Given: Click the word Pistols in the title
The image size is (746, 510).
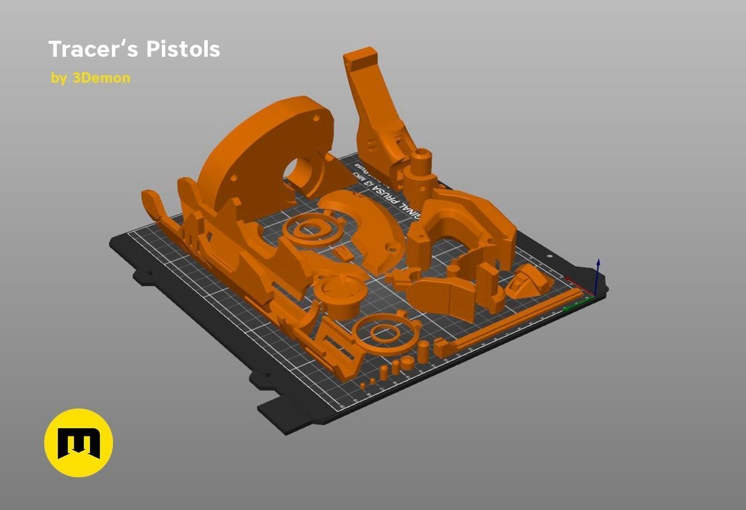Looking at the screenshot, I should pyautogui.click(x=183, y=49).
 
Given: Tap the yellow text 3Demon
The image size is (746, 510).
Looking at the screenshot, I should pyautogui.click(x=101, y=78).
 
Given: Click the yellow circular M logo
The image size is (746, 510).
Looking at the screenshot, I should pyautogui.click(x=79, y=442).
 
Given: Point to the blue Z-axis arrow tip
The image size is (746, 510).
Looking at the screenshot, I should pyautogui.click(x=598, y=262).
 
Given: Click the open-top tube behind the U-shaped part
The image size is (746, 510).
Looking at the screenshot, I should pyautogui.click(x=422, y=158).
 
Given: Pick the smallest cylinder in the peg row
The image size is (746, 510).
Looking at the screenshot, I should pyautogui.click(x=363, y=385).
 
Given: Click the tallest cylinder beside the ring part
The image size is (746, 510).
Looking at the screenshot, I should pyautogui.click(x=423, y=351).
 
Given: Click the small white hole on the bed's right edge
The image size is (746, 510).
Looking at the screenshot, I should pyautogui.click(x=549, y=256).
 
